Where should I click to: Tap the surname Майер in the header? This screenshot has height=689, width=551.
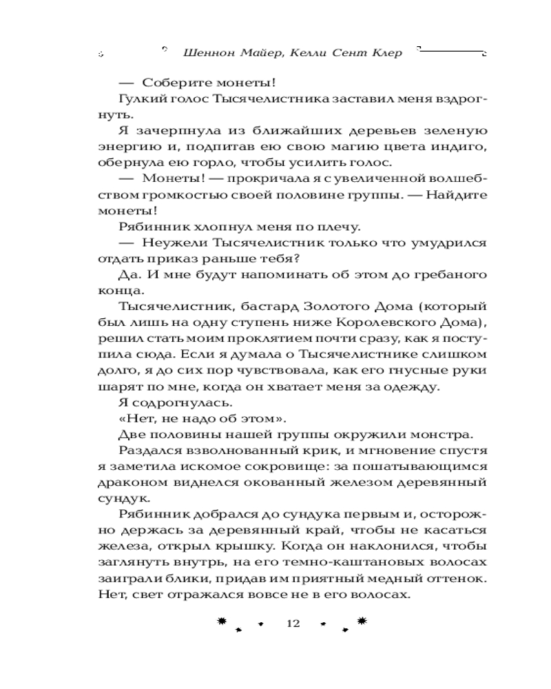pos(252,54)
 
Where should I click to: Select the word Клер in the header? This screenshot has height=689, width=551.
pos(384,54)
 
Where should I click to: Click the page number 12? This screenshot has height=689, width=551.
pos(293,623)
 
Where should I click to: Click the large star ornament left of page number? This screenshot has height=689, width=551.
pos(221,621)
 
